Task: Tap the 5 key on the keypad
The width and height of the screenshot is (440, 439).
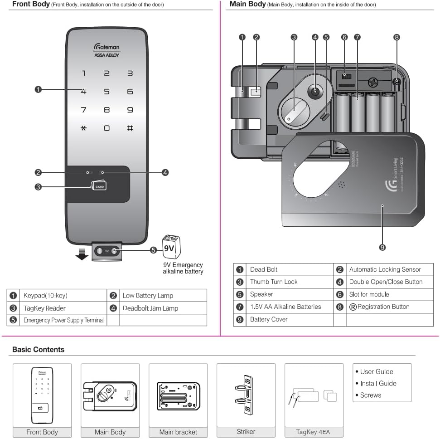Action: (x=106, y=92)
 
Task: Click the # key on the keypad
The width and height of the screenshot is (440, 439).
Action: (x=130, y=128)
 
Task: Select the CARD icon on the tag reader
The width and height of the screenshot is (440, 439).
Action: (x=99, y=185)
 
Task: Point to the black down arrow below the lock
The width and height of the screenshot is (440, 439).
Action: (x=82, y=254)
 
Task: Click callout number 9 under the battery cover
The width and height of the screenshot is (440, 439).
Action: (x=382, y=247)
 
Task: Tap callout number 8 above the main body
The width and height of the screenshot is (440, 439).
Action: (x=396, y=37)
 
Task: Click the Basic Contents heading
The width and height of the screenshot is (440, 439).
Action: (x=38, y=350)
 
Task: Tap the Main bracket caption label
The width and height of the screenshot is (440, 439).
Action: (x=178, y=432)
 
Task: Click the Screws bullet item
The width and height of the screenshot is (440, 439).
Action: (x=370, y=395)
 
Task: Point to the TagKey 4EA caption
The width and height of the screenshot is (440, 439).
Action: (x=314, y=432)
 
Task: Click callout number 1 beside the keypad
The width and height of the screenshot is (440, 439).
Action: (x=39, y=90)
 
